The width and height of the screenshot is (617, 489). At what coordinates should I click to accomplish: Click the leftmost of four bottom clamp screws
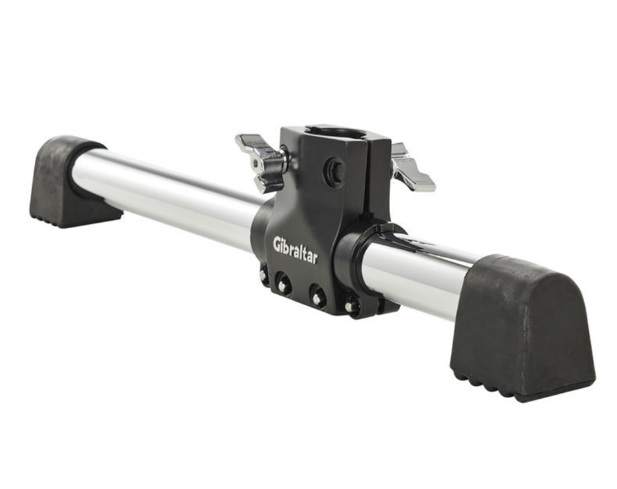[262, 274]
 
